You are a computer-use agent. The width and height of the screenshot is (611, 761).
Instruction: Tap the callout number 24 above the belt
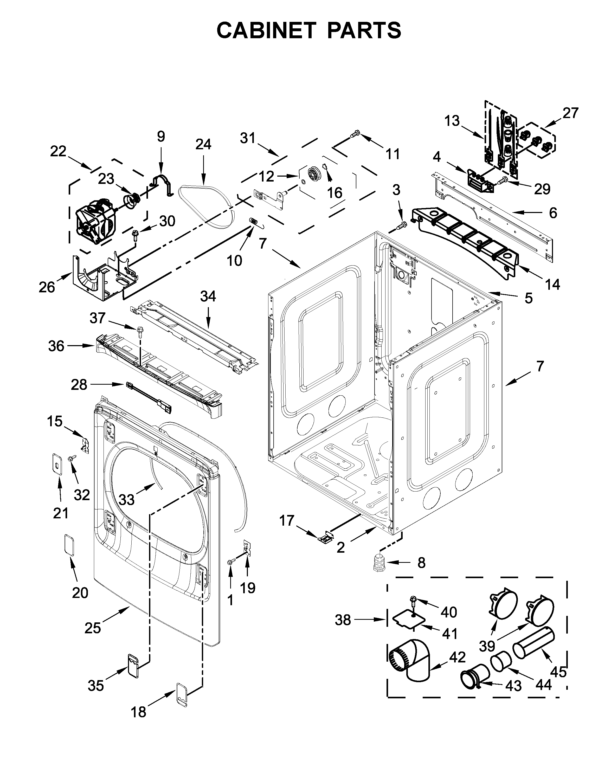203,144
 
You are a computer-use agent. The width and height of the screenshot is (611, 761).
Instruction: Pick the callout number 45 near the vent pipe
559,672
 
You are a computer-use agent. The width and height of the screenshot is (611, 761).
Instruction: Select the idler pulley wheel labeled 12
313,174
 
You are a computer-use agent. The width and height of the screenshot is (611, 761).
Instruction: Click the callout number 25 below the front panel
93,628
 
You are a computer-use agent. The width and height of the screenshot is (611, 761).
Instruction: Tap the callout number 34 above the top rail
208,296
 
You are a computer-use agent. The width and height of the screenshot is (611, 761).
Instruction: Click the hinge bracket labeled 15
85,446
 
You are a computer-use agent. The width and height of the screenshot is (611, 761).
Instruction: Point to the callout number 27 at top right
570,113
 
